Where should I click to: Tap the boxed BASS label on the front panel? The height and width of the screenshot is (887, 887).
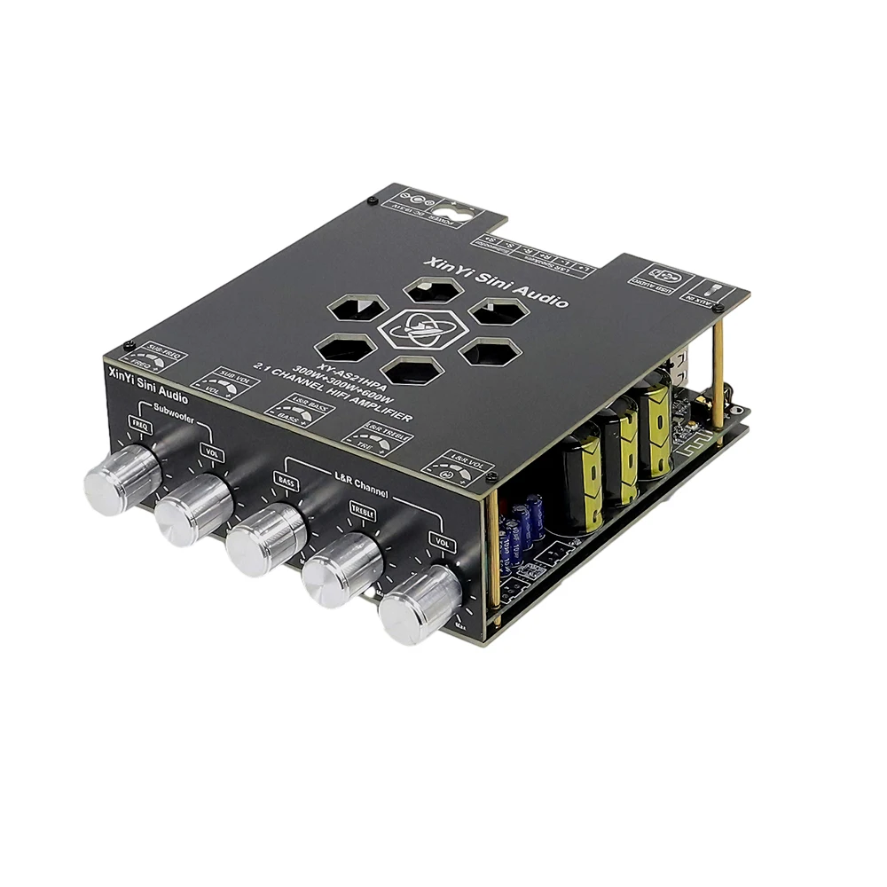[x=286, y=481]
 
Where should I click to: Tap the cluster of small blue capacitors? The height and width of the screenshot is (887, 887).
[x=522, y=524]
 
